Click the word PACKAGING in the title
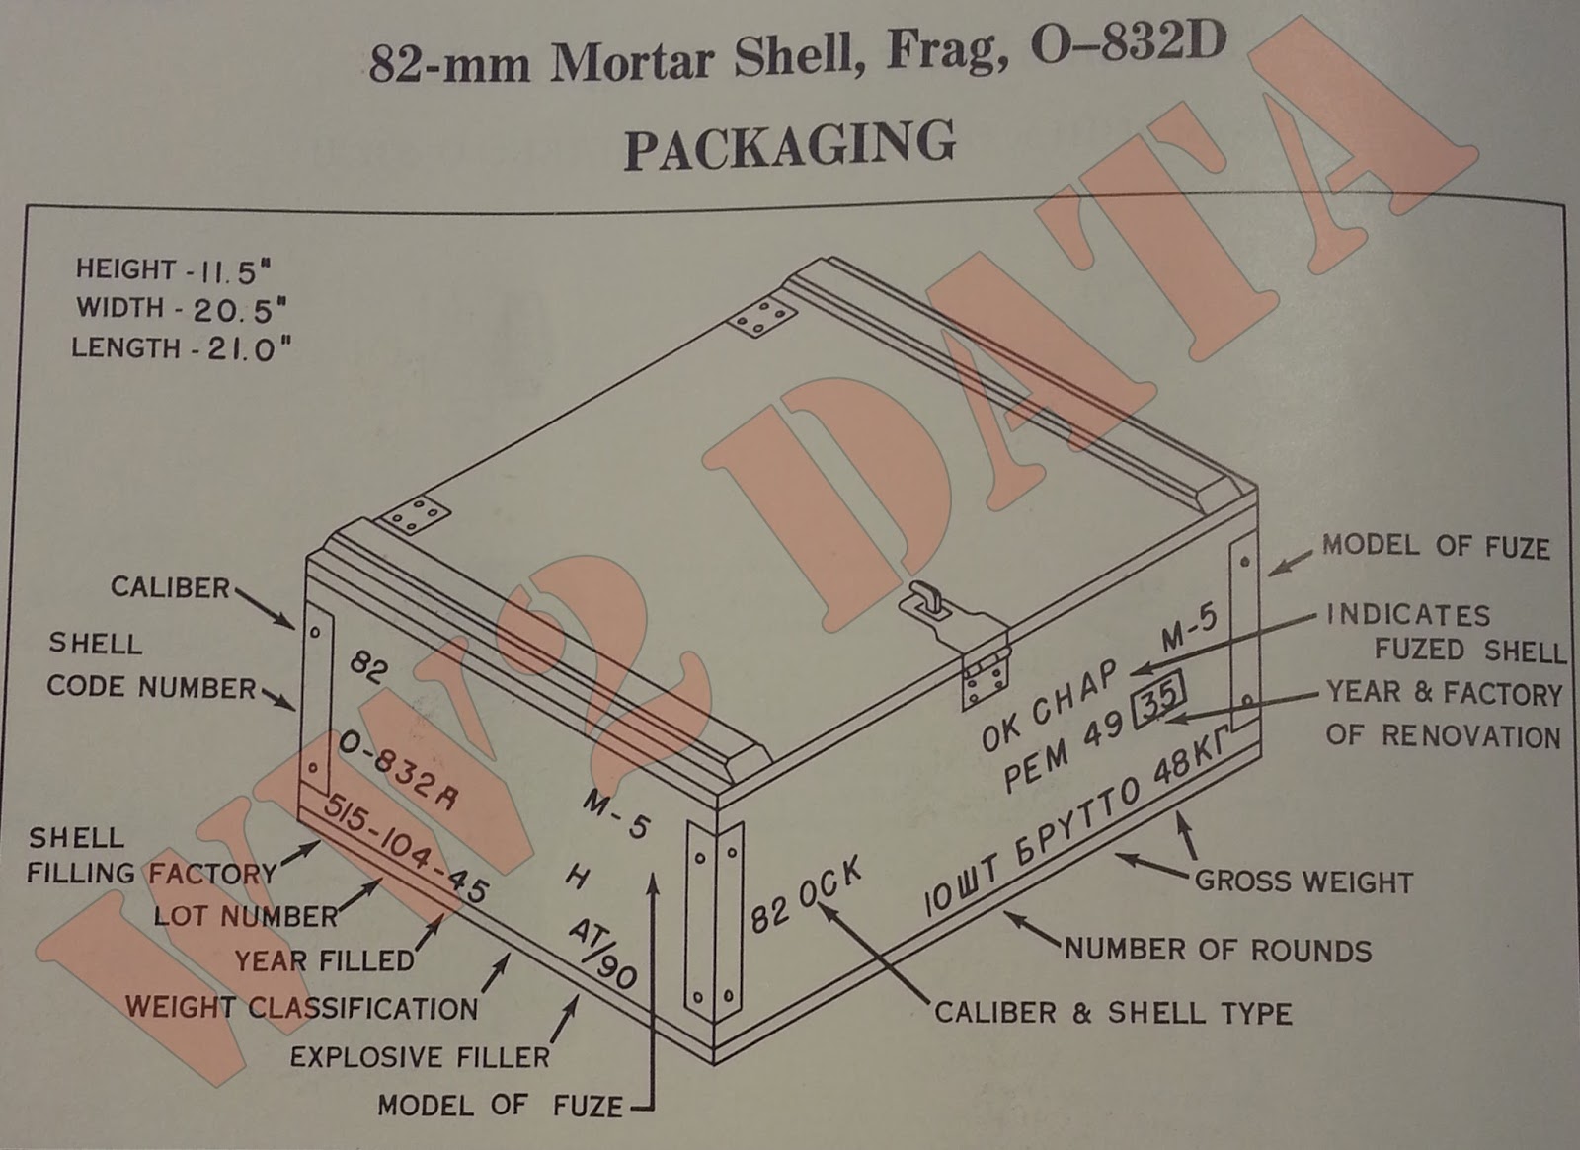(x=789, y=145)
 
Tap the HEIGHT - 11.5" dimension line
(x=174, y=270)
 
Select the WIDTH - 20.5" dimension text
(x=182, y=309)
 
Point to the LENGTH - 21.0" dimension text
(x=182, y=348)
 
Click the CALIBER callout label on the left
(x=170, y=587)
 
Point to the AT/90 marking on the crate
(x=603, y=952)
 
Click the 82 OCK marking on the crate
(x=805, y=896)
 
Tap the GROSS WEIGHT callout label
(x=1303, y=882)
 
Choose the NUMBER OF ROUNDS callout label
(x=1218, y=951)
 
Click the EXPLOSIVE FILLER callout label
(x=419, y=1057)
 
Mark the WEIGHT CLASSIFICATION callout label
(x=301, y=1008)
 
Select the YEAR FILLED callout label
(x=324, y=959)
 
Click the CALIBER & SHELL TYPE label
(x=1113, y=1013)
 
